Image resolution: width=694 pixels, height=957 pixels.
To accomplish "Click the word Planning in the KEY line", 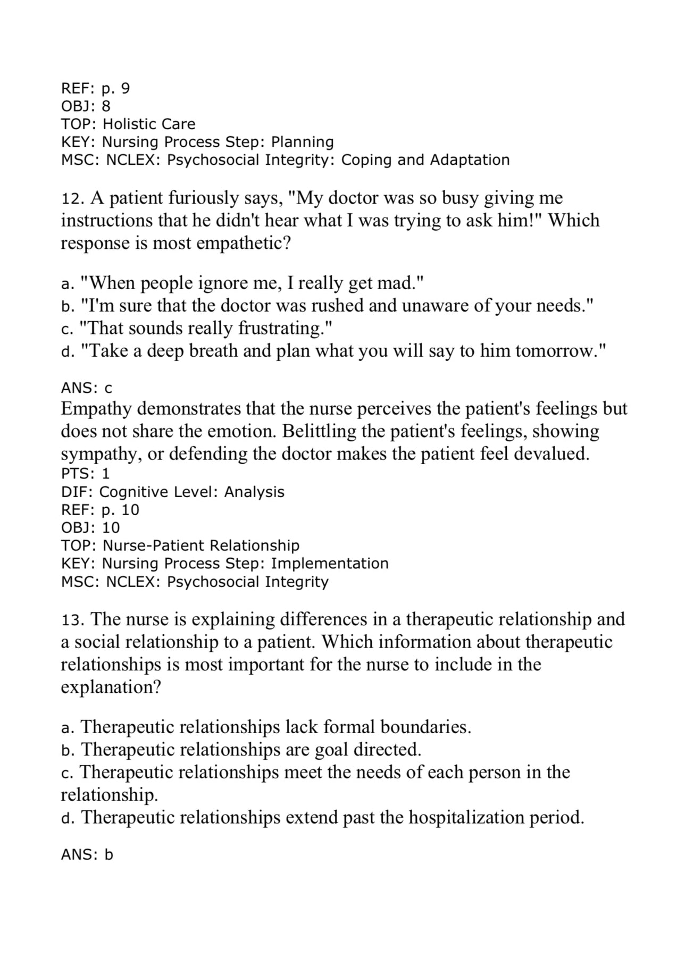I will click(302, 142).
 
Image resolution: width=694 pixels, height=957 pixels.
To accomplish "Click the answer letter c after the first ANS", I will click(108, 388).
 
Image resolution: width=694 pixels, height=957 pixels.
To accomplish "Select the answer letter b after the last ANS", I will click(108, 855).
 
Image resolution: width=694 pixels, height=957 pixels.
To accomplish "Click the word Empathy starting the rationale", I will click(96, 409).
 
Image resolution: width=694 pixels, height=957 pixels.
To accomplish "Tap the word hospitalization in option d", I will click(466, 817).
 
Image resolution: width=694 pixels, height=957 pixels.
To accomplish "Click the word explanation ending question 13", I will click(110, 687).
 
